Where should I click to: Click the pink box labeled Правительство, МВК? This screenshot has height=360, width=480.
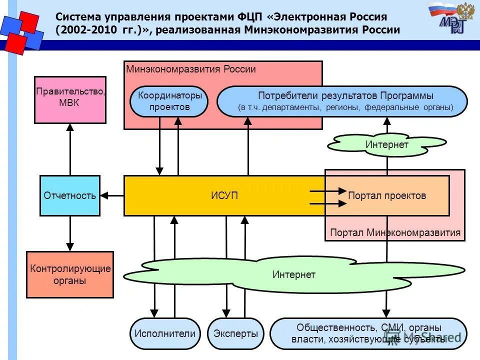coord(70,99)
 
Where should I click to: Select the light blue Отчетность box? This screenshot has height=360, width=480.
coord(69,195)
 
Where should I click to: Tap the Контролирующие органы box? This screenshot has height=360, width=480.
coord(69,274)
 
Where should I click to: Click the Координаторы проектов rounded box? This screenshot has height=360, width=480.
coord(168,101)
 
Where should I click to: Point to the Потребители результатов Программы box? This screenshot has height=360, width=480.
coord(342,101)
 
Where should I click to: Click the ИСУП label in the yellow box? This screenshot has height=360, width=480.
coord(224,195)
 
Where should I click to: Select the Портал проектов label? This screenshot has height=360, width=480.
coord(387,195)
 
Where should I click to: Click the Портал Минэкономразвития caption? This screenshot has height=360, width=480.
coord(395,232)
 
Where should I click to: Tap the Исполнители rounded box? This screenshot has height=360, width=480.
coord(164,333)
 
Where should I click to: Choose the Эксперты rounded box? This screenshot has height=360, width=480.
coord(235,333)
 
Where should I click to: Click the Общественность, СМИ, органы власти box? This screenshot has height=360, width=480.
coord(368,333)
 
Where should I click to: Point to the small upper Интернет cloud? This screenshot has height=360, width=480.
coord(386,144)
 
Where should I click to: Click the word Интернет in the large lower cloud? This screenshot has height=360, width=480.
coord(293,274)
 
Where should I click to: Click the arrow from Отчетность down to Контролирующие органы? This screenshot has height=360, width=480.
coord(70,233)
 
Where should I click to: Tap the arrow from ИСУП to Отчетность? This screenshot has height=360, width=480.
coord(112,195)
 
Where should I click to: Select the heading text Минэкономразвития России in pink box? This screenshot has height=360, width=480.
coord(190,69)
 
